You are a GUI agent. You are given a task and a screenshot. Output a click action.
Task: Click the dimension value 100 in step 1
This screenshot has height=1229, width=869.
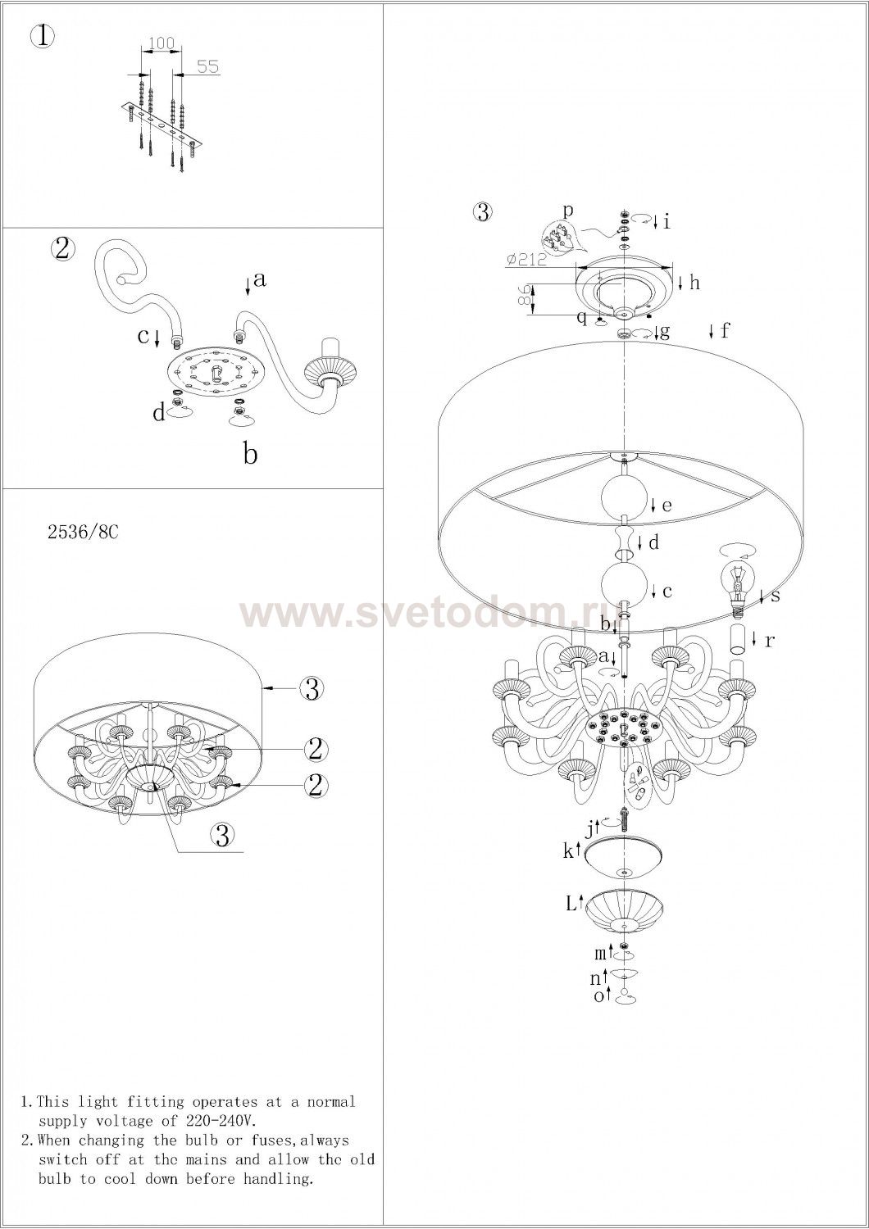161,43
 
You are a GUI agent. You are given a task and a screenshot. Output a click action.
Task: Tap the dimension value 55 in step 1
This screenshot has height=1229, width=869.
208,66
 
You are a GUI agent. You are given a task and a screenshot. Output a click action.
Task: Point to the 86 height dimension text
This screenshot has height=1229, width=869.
524,297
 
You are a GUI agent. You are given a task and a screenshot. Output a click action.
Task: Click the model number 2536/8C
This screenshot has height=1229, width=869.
83,533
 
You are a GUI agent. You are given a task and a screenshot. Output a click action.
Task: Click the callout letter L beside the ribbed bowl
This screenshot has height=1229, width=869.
571,903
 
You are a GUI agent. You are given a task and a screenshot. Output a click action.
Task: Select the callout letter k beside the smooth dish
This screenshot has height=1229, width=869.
567,851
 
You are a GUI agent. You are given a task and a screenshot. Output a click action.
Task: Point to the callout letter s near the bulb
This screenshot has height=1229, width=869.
775,596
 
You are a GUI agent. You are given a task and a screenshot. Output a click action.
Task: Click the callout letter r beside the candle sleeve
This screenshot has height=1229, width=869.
770,640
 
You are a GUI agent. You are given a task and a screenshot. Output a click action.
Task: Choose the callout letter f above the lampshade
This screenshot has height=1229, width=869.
726,330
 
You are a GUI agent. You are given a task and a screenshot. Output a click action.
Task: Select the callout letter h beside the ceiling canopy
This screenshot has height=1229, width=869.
695,283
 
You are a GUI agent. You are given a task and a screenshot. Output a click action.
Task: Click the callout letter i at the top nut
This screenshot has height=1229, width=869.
667,222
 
